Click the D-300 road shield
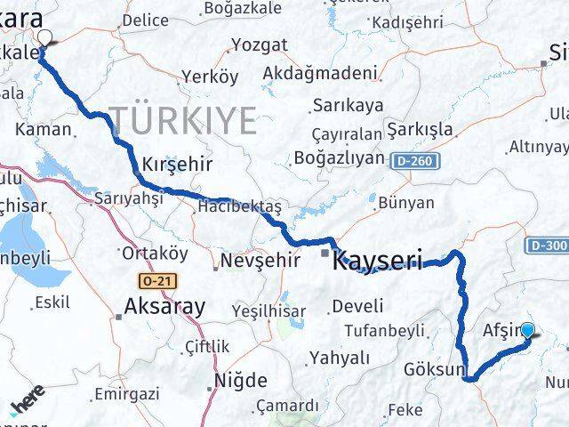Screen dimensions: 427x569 [x=547, y=245]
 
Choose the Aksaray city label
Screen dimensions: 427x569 [x=166, y=307]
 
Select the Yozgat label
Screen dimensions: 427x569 [x=259, y=45]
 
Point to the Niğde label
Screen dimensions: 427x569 [x=241, y=382]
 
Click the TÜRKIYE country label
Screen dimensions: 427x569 [x=183, y=119]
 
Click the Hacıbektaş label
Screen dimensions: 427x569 [x=239, y=206]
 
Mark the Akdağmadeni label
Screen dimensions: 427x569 [x=326, y=72]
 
